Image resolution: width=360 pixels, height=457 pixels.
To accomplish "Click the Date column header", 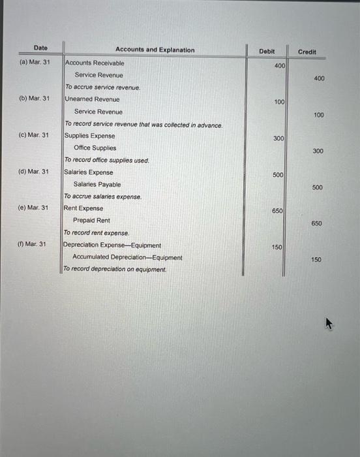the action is click(40, 48).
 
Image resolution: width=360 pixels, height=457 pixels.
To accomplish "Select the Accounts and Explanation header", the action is click(155, 50).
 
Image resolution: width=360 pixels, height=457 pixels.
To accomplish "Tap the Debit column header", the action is click(267, 51).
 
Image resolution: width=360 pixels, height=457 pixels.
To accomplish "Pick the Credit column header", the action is click(307, 52).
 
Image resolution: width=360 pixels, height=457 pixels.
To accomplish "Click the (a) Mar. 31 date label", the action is click(33, 63).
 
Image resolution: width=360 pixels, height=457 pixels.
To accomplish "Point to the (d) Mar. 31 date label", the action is click(33, 172).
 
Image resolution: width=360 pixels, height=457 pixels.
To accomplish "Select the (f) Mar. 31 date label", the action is click(31, 244).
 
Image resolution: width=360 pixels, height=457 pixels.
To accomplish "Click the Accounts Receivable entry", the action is click(95, 63).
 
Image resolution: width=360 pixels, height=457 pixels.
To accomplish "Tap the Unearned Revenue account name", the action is click(92, 99).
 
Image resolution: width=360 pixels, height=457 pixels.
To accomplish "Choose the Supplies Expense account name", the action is click(90, 136).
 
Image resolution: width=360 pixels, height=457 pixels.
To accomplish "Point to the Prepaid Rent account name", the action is click(91, 221).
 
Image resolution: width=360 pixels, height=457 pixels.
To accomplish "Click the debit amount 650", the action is click(278, 211).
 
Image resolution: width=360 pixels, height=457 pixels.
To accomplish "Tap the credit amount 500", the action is click(317, 187).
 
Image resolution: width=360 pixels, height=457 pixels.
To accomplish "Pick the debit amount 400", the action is click(279, 66).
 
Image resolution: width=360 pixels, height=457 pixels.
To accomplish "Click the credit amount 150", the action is click(316, 260).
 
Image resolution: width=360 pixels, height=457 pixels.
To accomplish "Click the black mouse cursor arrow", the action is click(329, 323).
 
